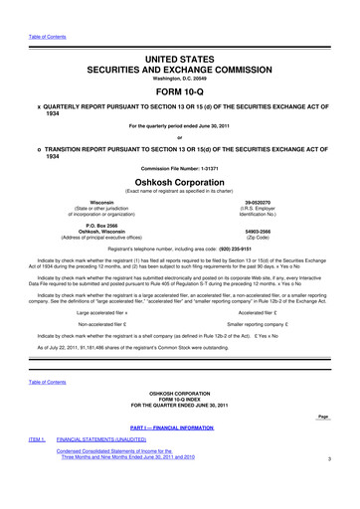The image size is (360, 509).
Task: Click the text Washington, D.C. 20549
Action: [x=180, y=50]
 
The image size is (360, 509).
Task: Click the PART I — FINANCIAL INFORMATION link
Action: [x=180, y=455]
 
